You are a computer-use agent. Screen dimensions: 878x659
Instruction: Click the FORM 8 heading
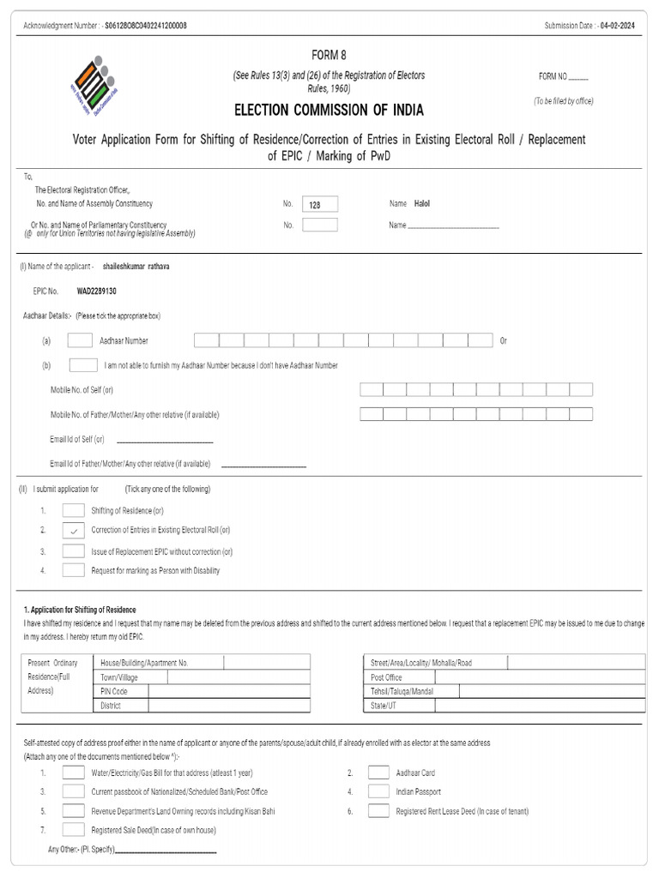coord(329,55)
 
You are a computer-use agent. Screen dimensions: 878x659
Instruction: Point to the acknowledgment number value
coord(146,26)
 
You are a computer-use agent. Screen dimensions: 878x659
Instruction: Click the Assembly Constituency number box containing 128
coord(320,204)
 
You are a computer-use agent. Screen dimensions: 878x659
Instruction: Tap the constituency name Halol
coord(422,204)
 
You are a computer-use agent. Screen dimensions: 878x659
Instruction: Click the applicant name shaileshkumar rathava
coord(136,267)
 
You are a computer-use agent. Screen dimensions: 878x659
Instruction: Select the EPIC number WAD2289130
coord(97,292)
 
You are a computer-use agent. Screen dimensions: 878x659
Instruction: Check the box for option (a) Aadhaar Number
coord(80,340)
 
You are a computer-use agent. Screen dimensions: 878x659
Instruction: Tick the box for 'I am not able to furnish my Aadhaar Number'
coord(82,365)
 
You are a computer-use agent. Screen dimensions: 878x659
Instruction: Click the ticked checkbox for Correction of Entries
coord(73,531)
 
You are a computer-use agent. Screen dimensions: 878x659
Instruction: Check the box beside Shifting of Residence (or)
coord(73,510)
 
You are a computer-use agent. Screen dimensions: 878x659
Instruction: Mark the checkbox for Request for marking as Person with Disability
coord(73,570)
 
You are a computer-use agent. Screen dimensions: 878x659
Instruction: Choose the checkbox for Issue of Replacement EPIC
coord(73,551)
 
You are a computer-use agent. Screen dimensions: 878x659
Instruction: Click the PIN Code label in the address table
coord(114,691)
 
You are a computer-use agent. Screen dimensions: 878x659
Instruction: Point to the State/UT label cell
coord(384,706)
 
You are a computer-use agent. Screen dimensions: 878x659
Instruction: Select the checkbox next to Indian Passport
coord(378,791)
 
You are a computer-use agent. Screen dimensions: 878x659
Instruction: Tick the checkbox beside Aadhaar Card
coord(378,772)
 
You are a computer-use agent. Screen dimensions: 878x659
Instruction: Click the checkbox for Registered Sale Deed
coord(73,830)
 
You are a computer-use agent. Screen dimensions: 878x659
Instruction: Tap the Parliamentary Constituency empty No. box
coord(320,226)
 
